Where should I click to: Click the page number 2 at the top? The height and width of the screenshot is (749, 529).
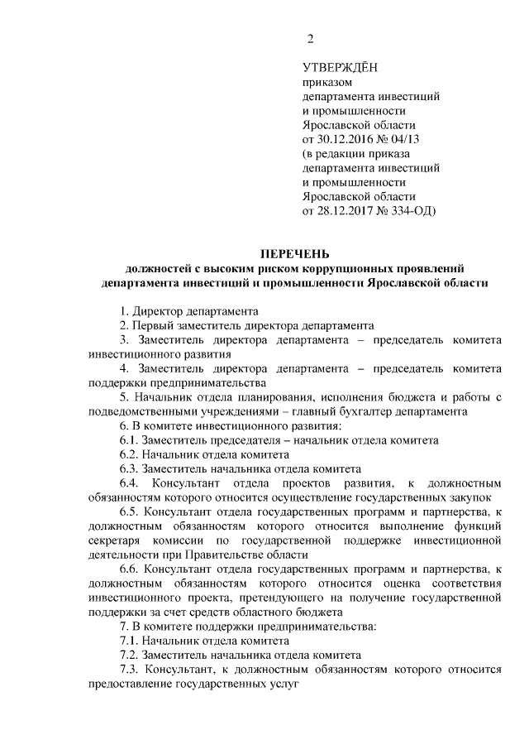pos(310,39)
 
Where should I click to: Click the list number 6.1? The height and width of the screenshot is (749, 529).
pos(129,440)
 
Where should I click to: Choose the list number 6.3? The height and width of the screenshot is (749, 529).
pos(129,468)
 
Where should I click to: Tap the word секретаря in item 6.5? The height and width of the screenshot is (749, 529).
pos(113,540)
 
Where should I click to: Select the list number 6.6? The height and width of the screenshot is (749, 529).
pos(129,569)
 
